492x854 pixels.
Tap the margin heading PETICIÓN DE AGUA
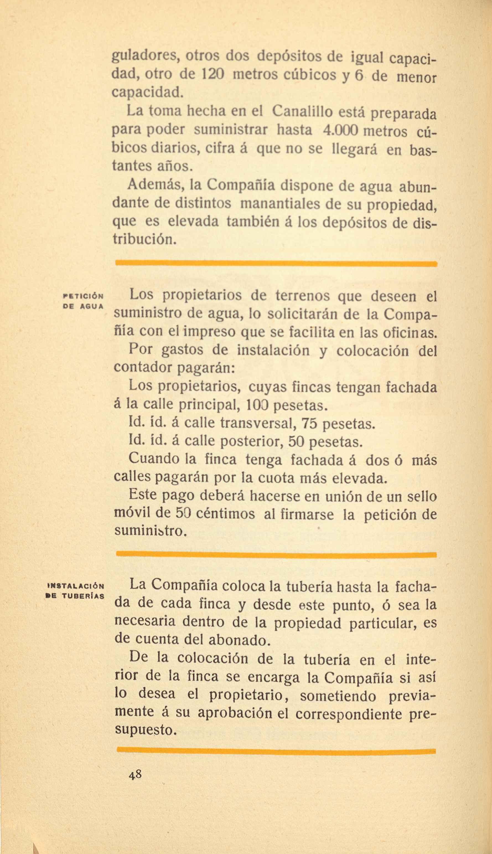(x=83, y=301)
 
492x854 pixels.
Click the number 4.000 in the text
(x=340, y=130)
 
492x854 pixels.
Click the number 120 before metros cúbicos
(x=213, y=74)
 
